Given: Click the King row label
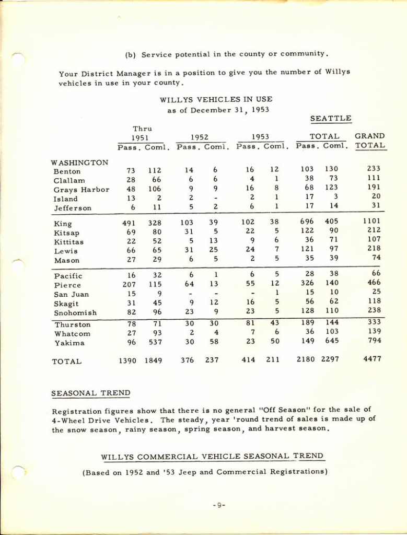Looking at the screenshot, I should (x=63, y=224).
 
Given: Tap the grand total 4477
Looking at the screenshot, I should (x=371, y=359).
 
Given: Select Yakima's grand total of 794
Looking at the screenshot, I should (x=373, y=341).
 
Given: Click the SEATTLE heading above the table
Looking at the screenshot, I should (x=330, y=119).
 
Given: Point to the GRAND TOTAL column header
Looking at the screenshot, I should (x=369, y=141).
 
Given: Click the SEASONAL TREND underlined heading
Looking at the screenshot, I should (x=90, y=393).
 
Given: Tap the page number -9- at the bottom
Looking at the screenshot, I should (x=219, y=505).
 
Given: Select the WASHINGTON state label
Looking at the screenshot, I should (x=79, y=162).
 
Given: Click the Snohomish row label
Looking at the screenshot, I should (x=73, y=313).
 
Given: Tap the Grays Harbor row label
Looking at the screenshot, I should (x=81, y=190).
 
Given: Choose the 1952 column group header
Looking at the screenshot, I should (x=200, y=137).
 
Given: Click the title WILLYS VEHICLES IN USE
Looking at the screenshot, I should (x=216, y=99).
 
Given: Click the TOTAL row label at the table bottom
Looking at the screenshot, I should (x=66, y=361).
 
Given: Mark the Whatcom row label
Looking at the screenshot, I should (x=72, y=334).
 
